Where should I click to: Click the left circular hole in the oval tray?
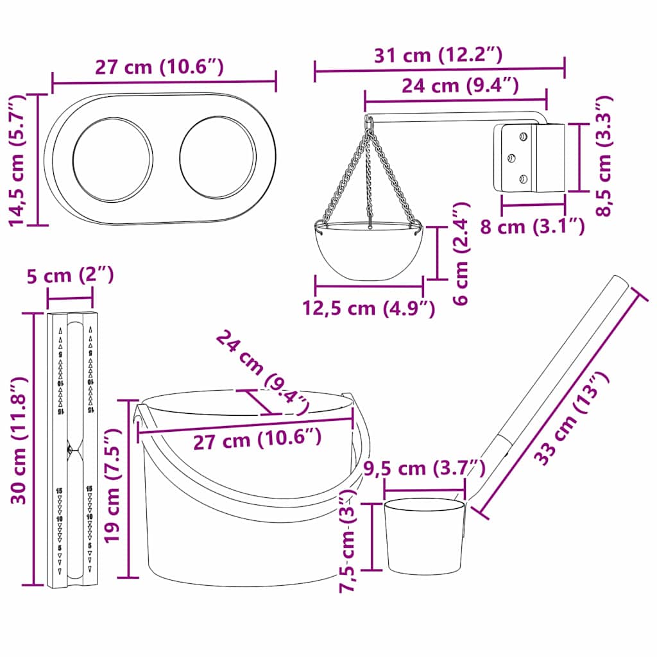113,158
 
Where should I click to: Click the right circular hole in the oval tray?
218,157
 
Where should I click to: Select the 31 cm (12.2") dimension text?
438,56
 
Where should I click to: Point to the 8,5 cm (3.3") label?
604,157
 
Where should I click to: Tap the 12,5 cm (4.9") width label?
369,308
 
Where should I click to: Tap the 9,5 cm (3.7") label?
423,468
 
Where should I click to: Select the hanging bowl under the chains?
368,250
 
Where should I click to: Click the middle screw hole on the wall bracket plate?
512,157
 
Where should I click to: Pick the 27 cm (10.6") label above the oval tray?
159,67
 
